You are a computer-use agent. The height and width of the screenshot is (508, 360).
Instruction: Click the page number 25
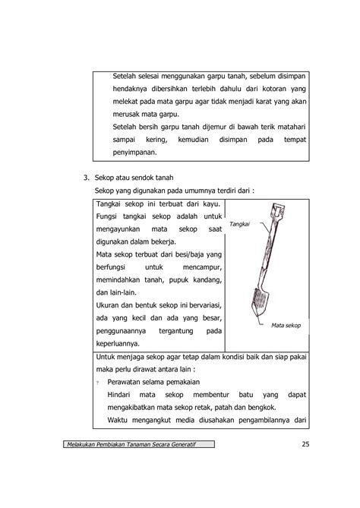(x=305, y=444)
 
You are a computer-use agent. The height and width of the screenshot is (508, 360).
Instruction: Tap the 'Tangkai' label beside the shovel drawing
(x=239, y=224)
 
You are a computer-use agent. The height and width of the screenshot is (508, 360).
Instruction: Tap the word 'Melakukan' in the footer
(x=79, y=444)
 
